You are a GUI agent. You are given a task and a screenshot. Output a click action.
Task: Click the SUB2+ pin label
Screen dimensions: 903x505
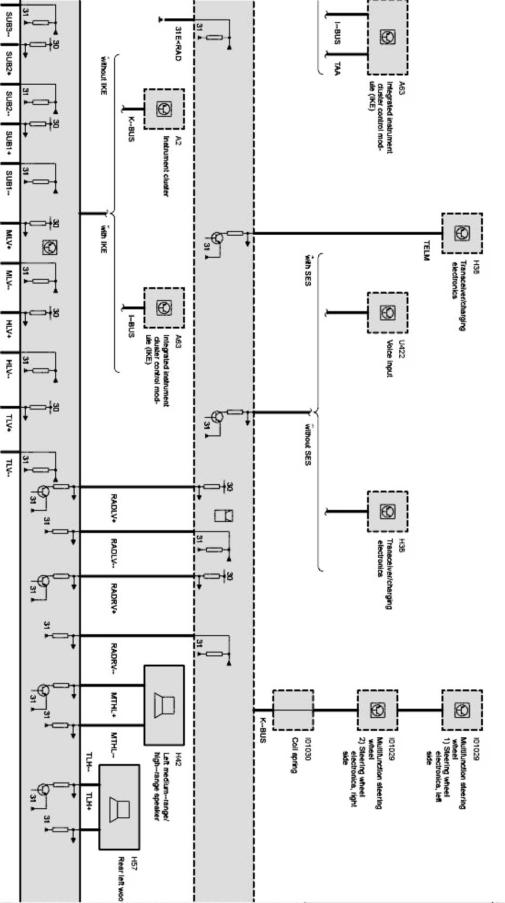point(9,63)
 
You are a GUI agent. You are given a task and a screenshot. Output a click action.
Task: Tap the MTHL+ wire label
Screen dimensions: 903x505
point(114,705)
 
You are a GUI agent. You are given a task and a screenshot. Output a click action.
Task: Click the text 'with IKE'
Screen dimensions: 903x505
point(103,240)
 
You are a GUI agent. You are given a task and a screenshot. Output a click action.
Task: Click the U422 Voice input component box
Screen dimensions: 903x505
point(388,313)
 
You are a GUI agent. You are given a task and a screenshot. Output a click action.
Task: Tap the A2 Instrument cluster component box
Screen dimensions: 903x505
point(164,109)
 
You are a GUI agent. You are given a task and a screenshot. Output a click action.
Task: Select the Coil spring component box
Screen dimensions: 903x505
point(293,710)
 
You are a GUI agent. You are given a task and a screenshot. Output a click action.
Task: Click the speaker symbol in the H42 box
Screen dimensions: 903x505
point(164,705)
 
